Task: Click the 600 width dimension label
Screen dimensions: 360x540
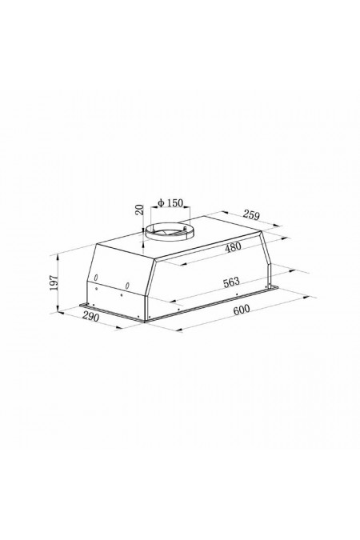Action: pos(241,310)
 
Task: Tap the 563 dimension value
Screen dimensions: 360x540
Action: pos(231,282)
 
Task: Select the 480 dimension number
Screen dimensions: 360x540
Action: pos(234,246)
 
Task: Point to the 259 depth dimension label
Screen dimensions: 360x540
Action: pos(250,214)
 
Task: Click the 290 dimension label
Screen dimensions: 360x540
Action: pos(91,317)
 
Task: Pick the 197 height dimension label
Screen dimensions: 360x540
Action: pos(54,282)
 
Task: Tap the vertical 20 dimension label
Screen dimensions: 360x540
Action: pos(139,210)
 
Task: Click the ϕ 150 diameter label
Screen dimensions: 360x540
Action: pos(170,203)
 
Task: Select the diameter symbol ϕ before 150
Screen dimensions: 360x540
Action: pos(161,203)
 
